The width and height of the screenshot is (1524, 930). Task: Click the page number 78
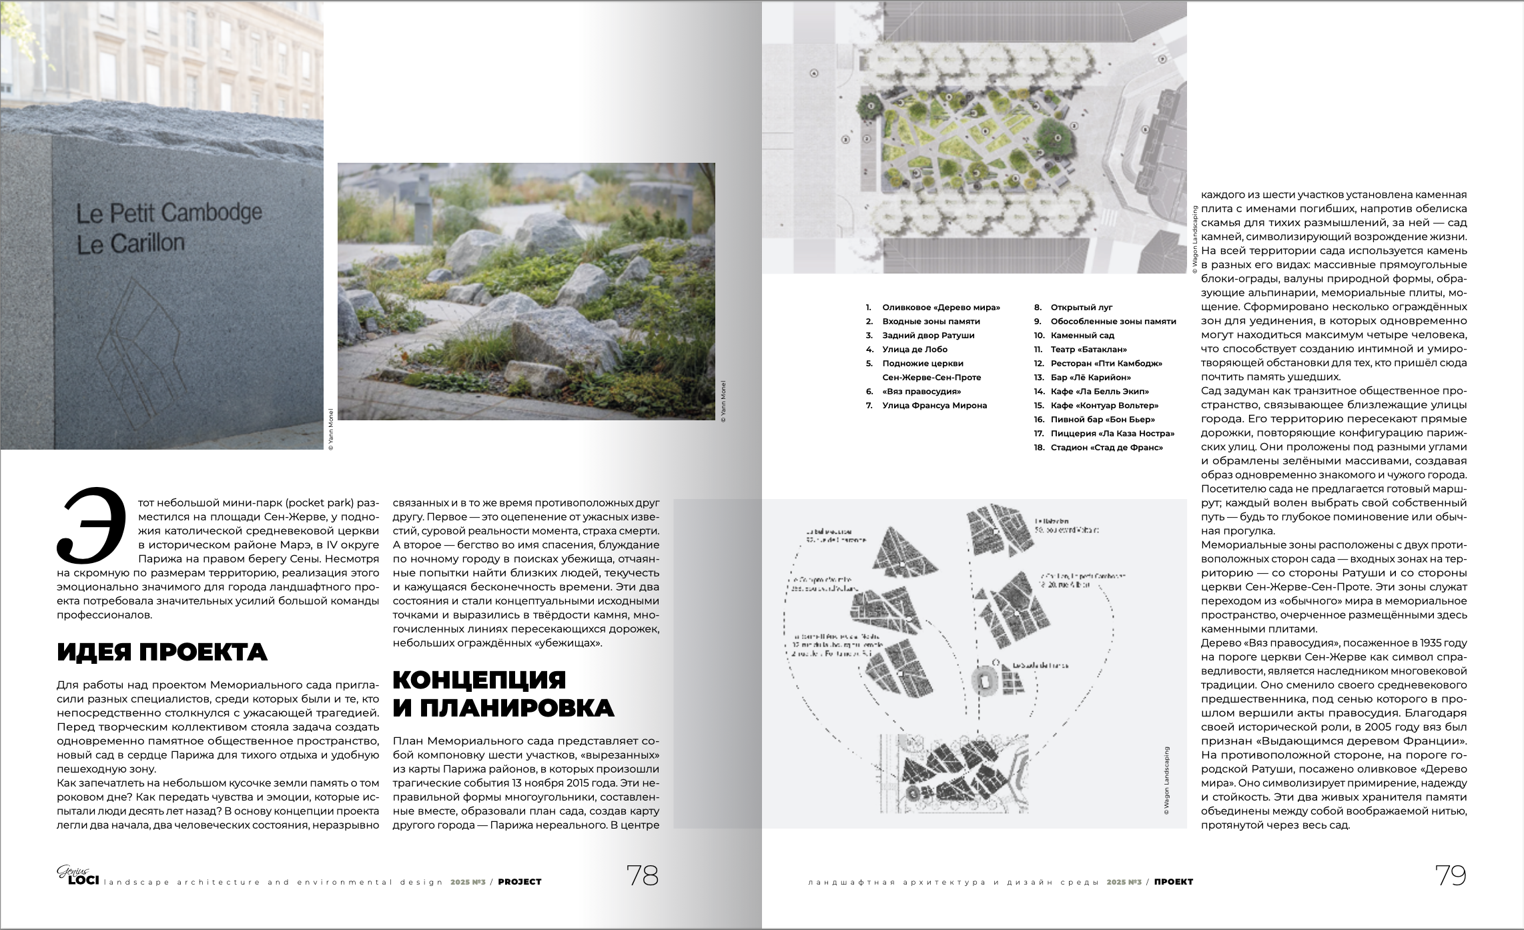[642, 875]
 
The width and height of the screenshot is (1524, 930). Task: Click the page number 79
[1451, 875]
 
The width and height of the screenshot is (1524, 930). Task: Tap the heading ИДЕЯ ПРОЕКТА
[162, 652]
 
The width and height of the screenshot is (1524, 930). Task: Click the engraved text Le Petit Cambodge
[169, 213]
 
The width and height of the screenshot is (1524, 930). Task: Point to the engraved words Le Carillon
[131, 244]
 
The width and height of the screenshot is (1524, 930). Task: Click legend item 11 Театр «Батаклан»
[1088, 350]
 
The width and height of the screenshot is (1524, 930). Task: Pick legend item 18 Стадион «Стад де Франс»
[1106, 448]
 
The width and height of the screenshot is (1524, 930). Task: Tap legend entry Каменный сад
[1082, 336]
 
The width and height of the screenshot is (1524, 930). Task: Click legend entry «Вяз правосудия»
[921, 392]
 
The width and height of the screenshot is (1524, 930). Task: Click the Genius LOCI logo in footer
[77, 875]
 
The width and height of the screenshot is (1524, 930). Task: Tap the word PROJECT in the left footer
[520, 882]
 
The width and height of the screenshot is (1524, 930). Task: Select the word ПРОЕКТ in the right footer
[1173, 882]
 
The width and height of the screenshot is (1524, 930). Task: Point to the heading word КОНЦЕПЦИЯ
[479, 680]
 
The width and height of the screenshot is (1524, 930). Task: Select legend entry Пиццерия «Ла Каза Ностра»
[1112, 434]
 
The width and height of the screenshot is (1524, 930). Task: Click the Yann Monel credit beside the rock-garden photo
[724, 401]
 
